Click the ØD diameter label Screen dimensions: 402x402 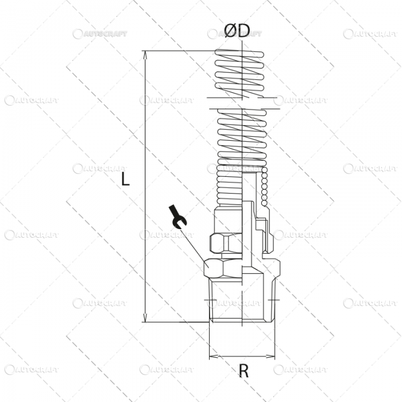pyautogui.click(x=237, y=32)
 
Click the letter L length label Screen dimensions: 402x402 pyautogui.click(x=126, y=180)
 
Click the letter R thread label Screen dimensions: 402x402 pyautogui.click(x=243, y=372)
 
